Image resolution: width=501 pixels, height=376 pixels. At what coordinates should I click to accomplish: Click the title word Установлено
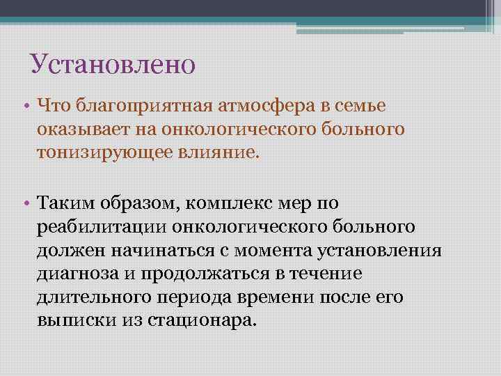[113, 65]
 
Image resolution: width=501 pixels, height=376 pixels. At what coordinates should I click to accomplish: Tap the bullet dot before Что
[25, 106]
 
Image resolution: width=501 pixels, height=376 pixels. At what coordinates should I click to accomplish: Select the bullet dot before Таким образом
[25, 203]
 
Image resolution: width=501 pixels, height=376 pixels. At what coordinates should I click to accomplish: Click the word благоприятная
[138, 106]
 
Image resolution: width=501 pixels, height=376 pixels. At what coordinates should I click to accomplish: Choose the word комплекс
[258, 203]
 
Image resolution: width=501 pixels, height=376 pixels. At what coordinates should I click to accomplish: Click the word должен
[70, 251]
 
